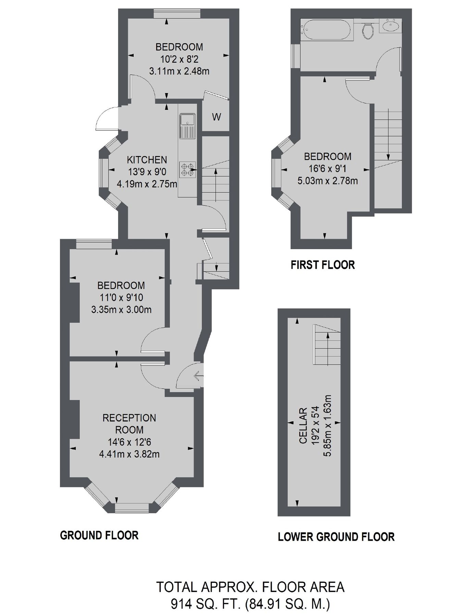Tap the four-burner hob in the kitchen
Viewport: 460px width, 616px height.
pos(187,169)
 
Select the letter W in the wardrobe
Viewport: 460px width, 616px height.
pos(216,117)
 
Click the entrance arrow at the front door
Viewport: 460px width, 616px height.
pos(198,377)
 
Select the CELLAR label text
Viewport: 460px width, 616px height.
pos(303,426)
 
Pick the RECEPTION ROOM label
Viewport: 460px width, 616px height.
pos(129,424)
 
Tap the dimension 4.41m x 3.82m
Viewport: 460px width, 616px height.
pos(129,454)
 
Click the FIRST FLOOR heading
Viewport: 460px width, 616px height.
pos(323,265)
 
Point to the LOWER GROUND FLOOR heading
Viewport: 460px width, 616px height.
pos(336,537)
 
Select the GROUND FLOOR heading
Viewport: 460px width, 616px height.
pos(99,535)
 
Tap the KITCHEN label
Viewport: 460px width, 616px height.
pos(147,160)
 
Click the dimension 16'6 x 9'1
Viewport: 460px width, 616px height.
pos(327,169)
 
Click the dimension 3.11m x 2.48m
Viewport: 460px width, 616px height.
pos(179,72)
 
